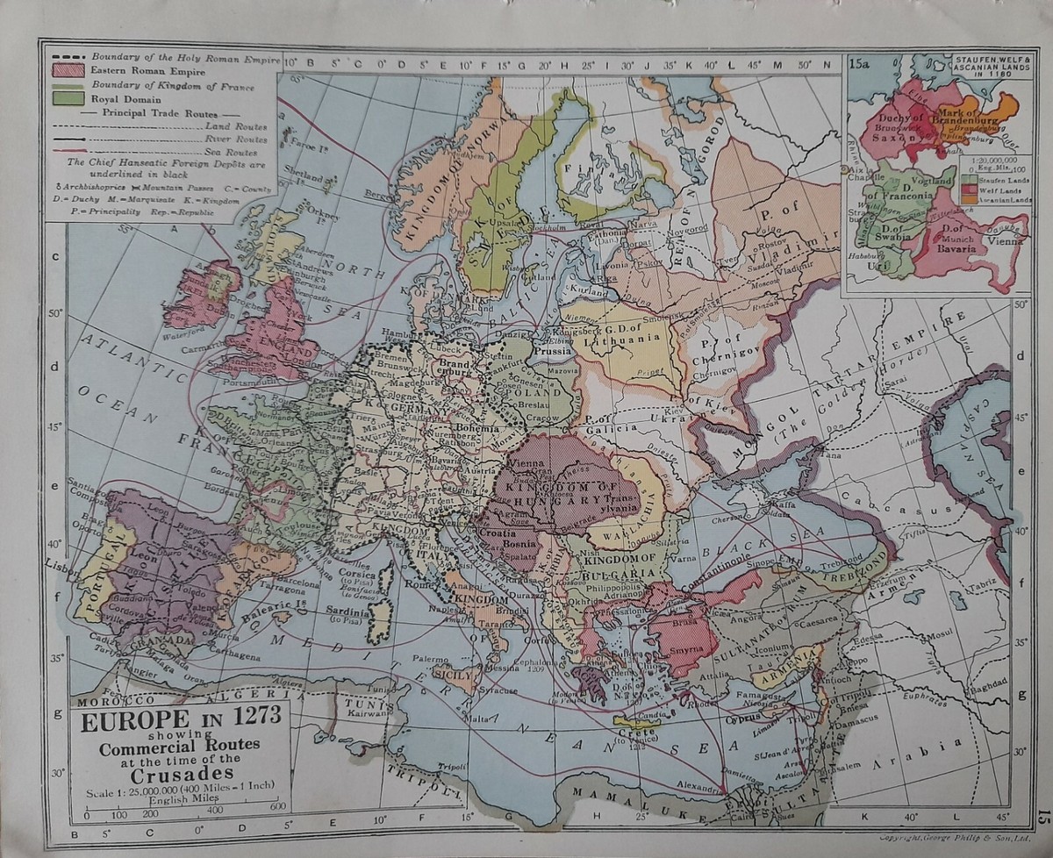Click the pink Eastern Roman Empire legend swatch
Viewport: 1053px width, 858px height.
tap(68, 69)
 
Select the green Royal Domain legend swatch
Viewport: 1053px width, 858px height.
tap(68, 98)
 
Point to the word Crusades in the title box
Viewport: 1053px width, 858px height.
tap(183, 774)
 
